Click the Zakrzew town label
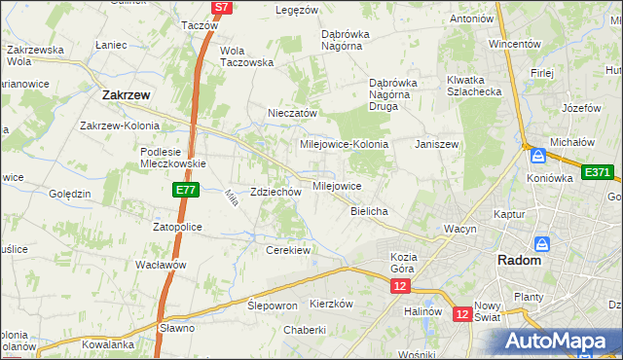tap(126, 95)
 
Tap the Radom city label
tap(519, 261)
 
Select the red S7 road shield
tap(222, 7)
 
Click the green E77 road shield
tap(188, 191)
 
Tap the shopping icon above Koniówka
tap(537, 155)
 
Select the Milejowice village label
tap(337, 185)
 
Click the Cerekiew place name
tap(287, 250)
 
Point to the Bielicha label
tap(370, 211)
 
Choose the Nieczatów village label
tap(293, 113)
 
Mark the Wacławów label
tap(161, 265)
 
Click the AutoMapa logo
tap(559, 341)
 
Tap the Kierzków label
tap(330, 304)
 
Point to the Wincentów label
tap(514, 45)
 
